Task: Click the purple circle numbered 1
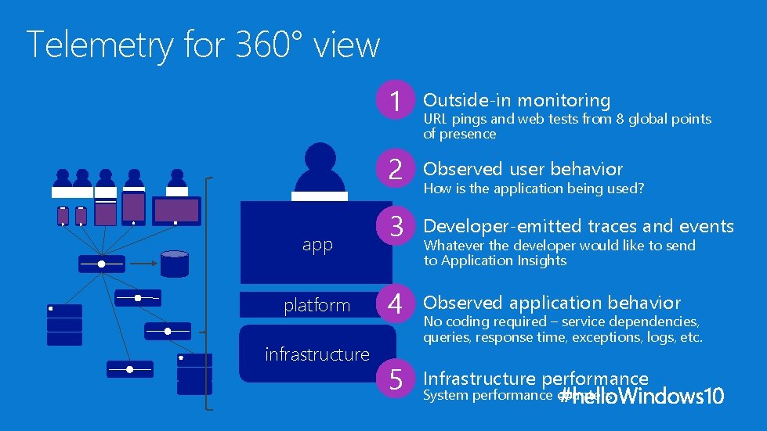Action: pos(396,101)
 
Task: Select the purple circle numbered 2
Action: pos(396,169)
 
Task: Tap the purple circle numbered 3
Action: pos(396,227)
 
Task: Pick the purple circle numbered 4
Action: pos(396,303)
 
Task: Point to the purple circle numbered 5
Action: pos(396,379)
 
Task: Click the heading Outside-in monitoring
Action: pos(516,100)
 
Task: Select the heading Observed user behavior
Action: pos(523,169)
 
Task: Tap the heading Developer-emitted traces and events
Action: pos(578,227)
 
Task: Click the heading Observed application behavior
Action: pos(552,303)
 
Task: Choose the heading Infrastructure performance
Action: pos(536,379)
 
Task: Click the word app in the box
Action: pos(317,245)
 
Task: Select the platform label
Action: pos(317,305)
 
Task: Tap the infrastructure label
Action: pos(317,354)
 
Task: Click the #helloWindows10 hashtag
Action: pos(642,396)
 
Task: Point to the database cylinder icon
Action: pos(174,264)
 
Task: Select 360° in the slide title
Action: pos(269,45)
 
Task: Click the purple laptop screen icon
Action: pos(176,210)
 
